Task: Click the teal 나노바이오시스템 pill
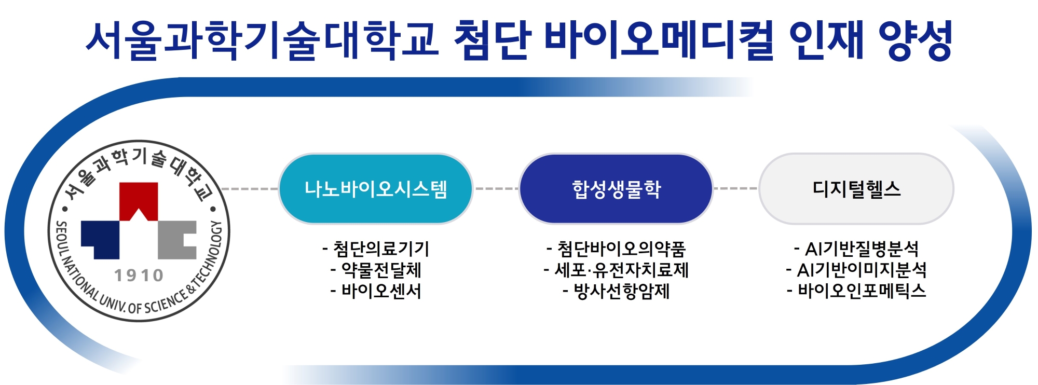pos(376,189)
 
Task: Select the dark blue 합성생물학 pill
pos(616,189)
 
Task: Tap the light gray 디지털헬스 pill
pos(856,189)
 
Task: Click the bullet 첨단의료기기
pos(376,249)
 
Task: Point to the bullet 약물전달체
pos(376,270)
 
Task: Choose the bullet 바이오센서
pos(376,291)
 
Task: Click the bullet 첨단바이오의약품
pos(616,249)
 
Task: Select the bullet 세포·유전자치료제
pos(616,270)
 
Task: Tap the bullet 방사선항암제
pos(616,291)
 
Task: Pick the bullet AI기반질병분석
pos(856,249)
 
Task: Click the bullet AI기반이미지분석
pos(856,270)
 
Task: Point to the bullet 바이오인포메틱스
pos(856,291)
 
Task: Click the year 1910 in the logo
pos(139,276)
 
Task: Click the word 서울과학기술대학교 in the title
pos(263,40)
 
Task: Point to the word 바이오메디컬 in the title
pos(659,40)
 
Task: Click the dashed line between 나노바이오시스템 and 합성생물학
pos(496,189)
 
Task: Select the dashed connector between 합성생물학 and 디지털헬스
pos(736,189)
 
